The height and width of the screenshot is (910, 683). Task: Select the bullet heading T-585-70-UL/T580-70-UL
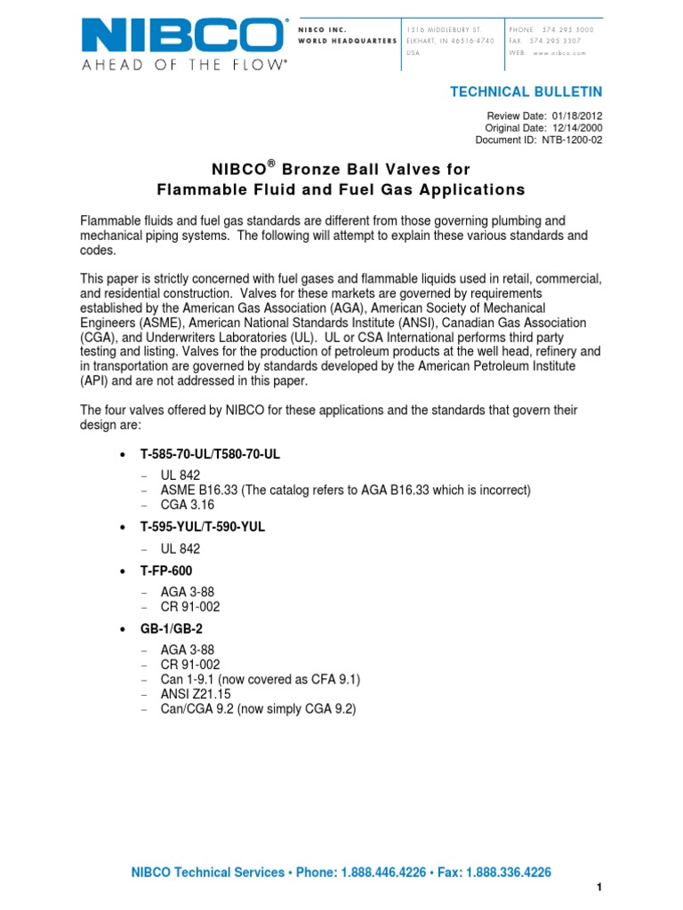coord(210,454)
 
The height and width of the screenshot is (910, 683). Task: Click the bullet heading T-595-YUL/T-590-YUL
coord(203,527)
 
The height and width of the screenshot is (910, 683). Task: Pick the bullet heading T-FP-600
coord(166,571)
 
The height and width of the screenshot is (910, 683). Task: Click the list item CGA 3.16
coord(188,505)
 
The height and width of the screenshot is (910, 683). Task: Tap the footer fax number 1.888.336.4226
coord(507,874)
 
